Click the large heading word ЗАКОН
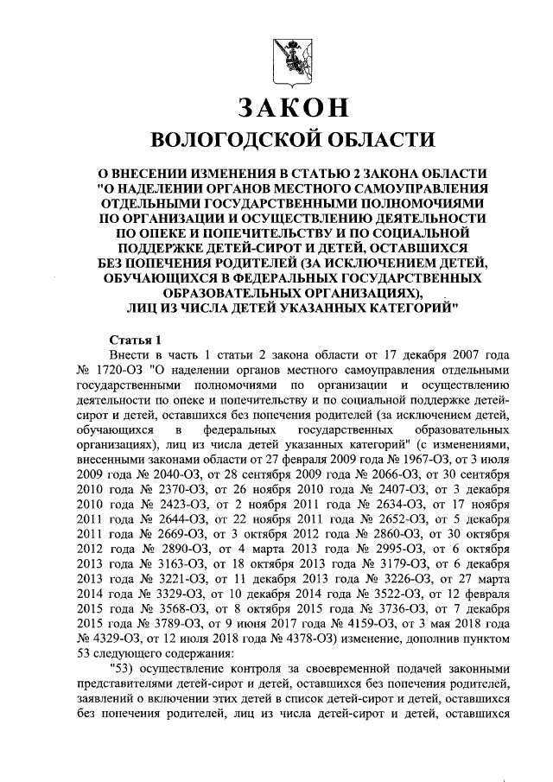click(293, 107)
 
